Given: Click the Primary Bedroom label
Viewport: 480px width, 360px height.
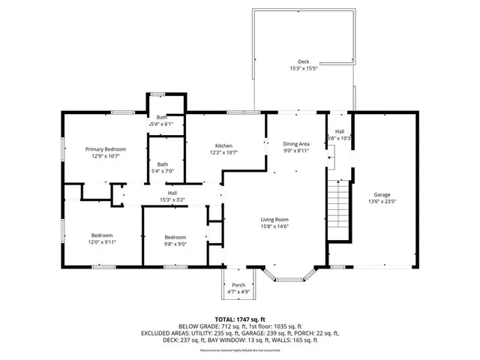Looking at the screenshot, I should pyautogui.click(x=105, y=149).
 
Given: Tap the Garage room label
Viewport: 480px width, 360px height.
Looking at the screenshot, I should pyautogui.click(x=382, y=194).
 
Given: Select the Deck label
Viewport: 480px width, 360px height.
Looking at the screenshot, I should pyautogui.click(x=303, y=61).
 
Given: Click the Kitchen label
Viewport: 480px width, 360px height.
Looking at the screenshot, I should pyautogui.click(x=224, y=145).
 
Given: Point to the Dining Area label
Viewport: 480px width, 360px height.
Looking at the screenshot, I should pyautogui.click(x=296, y=144).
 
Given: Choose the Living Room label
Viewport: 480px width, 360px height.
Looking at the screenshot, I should pyautogui.click(x=275, y=219).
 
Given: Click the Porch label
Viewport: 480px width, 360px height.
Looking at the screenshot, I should pyautogui.click(x=238, y=285).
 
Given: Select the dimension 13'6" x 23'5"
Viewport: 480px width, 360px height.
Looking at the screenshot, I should pyautogui.click(x=382, y=202).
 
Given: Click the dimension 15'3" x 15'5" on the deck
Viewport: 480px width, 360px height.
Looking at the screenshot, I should pyautogui.click(x=303, y=68).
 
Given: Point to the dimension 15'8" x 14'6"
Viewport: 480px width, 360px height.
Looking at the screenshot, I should pyautogui.click(x=275, y=226).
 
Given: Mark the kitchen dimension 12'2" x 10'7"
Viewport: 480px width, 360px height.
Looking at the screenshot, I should pyautogui.click(x=224, y=153).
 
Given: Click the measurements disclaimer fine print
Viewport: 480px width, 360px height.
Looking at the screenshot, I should pyautogui.click(x=241, y=350).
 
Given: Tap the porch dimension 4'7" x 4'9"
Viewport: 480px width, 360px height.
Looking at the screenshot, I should pyautogui.click(x=238, y=292).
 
